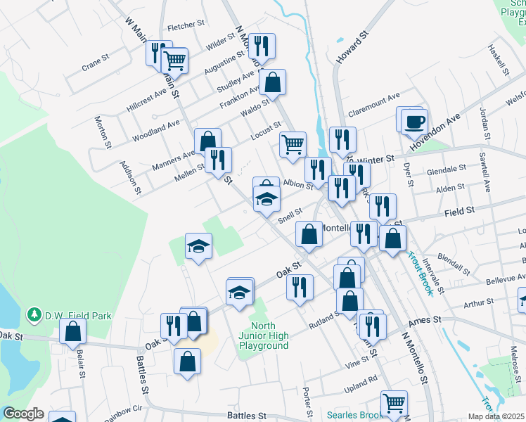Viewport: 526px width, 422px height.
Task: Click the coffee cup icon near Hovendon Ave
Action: pyautogui.click(x=415, y=121)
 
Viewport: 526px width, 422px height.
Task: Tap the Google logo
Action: pyautogui.click(x=23, y=414)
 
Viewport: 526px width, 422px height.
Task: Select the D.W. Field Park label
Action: pyautogui.click(x=78, y=316)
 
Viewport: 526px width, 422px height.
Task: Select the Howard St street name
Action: pyautogui.click(x=352, y=47)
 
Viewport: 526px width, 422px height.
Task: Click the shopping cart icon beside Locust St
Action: pyautogui.click(x=293, y=145)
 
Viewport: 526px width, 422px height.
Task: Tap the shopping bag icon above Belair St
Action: pyautogui.click(x=72, y=331)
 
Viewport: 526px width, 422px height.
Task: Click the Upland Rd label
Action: pyautogui.click(x=362, y=379)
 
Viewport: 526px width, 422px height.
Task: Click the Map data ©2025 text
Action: pyautogui.click(x=495, y=416)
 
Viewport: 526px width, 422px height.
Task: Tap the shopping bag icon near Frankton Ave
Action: pyautogui.click(x=272, y=82)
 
